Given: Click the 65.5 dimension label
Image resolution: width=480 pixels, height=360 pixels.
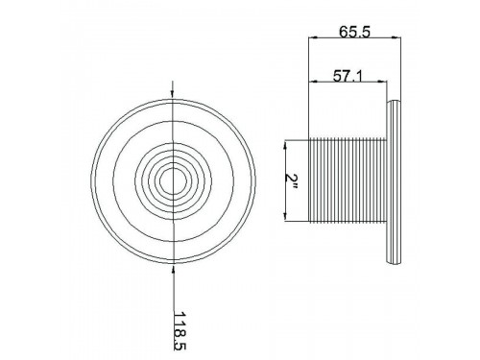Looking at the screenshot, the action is tap(354, 32).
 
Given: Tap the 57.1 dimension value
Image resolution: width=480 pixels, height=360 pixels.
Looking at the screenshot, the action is tap(348, 76).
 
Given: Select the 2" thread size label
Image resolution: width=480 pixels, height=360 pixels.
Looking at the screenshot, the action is tap(292, 181).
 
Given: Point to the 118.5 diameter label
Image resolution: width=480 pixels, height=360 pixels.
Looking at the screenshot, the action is tap(180, 330).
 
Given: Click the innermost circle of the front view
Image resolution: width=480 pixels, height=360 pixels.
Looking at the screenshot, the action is tap(160, 181).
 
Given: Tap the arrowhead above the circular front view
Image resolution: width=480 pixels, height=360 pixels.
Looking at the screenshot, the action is tap(173, 93).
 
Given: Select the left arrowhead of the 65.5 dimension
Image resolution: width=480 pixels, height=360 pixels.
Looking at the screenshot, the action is tap(312, 38).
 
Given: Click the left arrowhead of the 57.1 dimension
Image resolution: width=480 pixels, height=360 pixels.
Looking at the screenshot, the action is tap(313, 82).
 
